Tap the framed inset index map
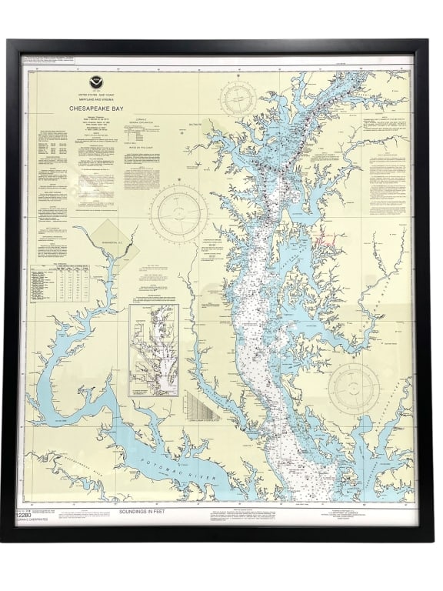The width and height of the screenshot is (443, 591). [x=153, y=350]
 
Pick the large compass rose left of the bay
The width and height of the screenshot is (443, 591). [x=178, y=210]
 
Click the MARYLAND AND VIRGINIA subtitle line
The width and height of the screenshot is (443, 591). [x=96, y=97]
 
